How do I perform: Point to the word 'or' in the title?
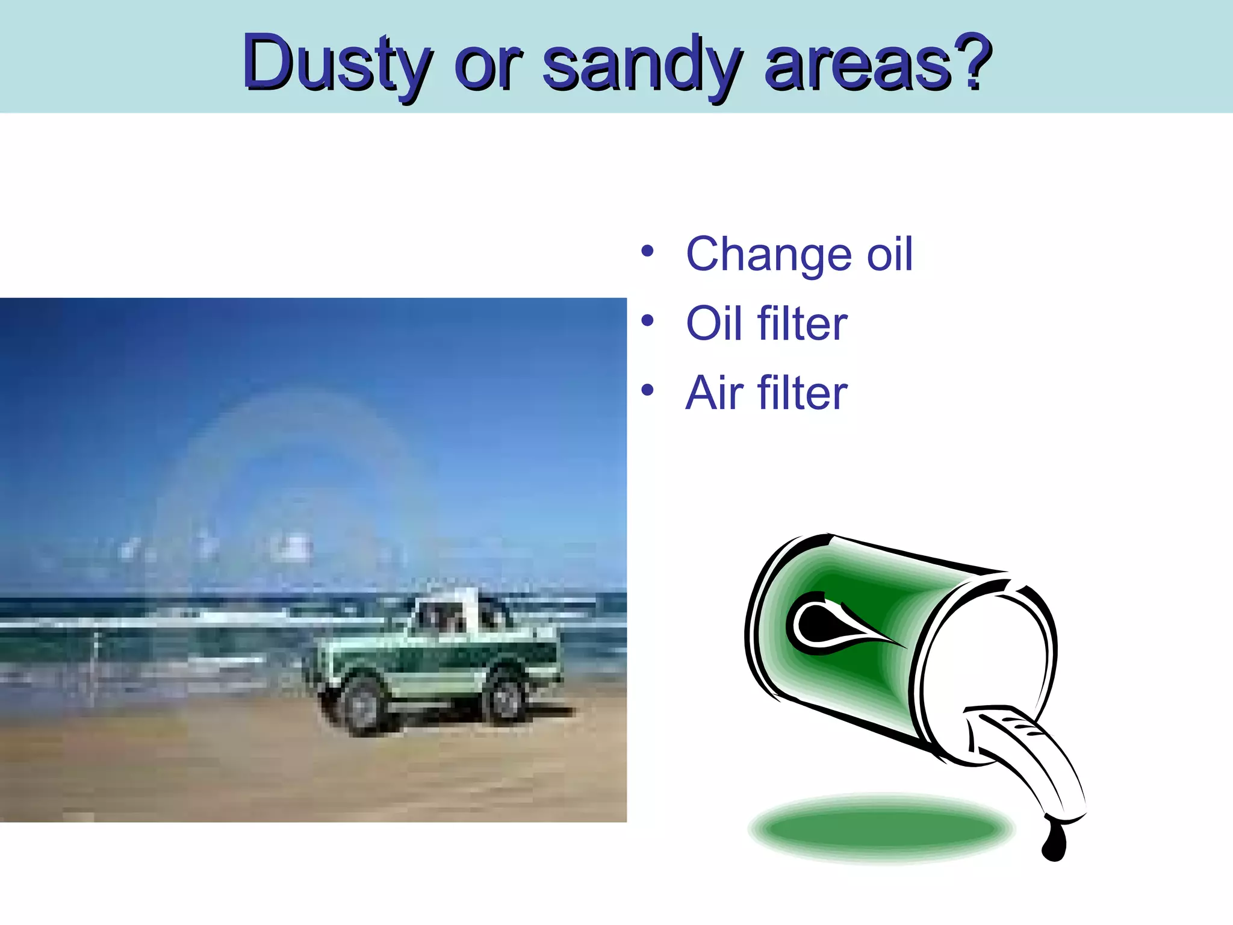point(488,66)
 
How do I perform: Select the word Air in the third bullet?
point(714,393)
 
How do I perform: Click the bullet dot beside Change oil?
point(647,251)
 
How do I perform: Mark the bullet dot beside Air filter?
point(647,390)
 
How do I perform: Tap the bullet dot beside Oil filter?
point(647,320)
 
